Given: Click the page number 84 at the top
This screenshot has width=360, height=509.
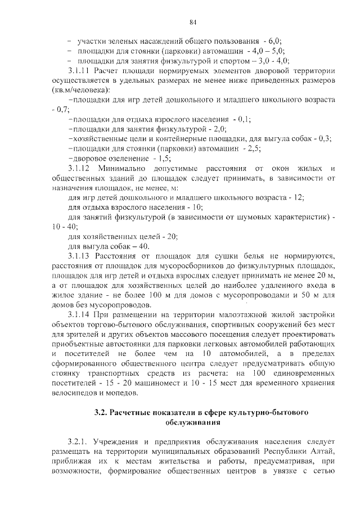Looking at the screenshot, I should [193, 22].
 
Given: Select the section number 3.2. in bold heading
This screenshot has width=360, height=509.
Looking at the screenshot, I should [101, 412].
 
